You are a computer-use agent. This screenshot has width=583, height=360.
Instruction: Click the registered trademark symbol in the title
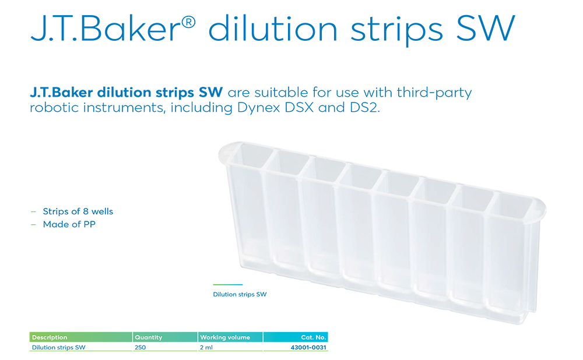[x=188, y=23]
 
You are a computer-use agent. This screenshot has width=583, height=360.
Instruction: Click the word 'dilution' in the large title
[x=272, y=29]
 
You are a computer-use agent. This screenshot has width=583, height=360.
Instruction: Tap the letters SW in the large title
[x=485, y=29]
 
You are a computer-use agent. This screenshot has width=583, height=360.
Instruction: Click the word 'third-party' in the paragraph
[x=434, y=93]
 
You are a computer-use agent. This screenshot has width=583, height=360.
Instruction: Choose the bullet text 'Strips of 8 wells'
[x=78, y=211]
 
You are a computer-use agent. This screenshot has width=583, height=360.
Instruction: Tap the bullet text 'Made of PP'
[x=69, y=224]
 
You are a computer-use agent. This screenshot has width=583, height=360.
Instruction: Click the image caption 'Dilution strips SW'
[x=240, y=294]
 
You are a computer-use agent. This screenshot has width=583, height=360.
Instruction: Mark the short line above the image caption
[x=227, y=285]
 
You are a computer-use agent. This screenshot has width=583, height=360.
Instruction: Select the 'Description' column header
[x=50, y=337]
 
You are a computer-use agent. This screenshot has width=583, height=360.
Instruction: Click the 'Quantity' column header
[x=148, y=337]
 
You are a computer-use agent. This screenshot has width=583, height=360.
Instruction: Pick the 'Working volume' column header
[x=225, y=337]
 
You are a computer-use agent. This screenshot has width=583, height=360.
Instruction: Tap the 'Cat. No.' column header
[x=314, y=337]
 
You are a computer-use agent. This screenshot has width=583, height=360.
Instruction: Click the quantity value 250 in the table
[x=140, y=347]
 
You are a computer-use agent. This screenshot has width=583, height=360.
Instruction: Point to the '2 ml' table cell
[x=206, y=347]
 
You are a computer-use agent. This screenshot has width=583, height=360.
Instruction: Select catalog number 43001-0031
[x=308, y=347]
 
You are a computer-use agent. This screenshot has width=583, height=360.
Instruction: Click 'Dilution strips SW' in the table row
[x=59, y=347]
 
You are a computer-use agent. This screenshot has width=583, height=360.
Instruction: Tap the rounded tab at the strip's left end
[x=226, y=152]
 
